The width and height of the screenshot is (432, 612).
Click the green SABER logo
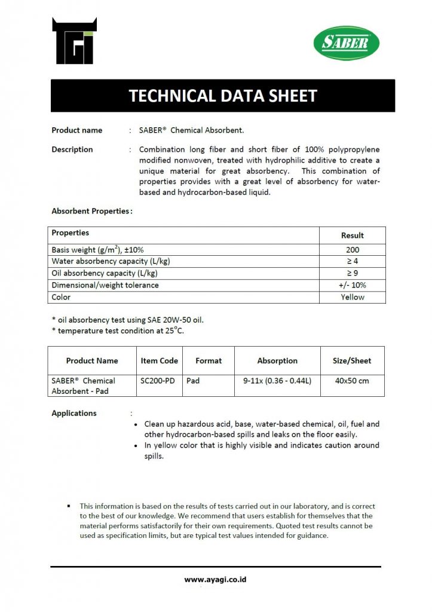pos(346,43)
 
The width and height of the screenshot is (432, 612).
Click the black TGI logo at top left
pos(74,41)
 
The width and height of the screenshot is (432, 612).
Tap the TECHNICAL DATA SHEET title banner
pos(222,96)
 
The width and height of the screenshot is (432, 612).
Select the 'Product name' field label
pos(76,130)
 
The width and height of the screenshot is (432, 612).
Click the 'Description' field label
pos(72,149)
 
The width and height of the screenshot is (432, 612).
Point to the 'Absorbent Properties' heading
pos(91,211)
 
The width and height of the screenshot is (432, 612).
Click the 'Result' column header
pos(352,235)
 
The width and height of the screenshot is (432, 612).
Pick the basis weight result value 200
pos(352,250)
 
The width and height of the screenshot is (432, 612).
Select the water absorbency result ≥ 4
pos(352,261)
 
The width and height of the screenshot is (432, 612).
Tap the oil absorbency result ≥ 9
pos(352,273)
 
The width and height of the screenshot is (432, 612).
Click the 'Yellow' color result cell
pos(352,297)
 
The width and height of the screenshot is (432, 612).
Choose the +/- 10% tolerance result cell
pos(352,285)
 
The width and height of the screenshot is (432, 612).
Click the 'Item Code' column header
pos(159,361)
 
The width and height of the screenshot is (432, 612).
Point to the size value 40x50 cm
pos(351,381)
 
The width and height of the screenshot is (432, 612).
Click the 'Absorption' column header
pos(277,361)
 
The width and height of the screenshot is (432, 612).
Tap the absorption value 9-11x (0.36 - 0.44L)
pos(277,381)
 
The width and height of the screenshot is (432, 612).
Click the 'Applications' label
pos(74,413)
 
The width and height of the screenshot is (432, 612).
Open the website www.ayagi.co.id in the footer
pos(216,579)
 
